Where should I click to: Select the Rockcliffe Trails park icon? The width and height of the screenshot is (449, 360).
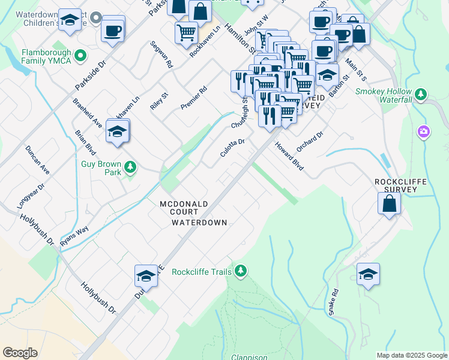coord(241,272)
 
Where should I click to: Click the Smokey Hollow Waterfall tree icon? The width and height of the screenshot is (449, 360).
coord(421,94)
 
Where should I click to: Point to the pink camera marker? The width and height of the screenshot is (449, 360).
coord(424,131)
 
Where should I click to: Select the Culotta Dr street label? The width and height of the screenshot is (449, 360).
coord(232,148)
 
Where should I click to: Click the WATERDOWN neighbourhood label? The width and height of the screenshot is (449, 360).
coord(199,223)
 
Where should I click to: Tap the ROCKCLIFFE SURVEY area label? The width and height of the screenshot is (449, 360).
coord(403,187)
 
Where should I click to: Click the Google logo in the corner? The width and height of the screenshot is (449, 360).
coord(20,353)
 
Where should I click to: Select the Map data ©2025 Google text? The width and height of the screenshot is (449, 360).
coord(411,355)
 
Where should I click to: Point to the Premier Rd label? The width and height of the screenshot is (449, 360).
coord(194,98)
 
